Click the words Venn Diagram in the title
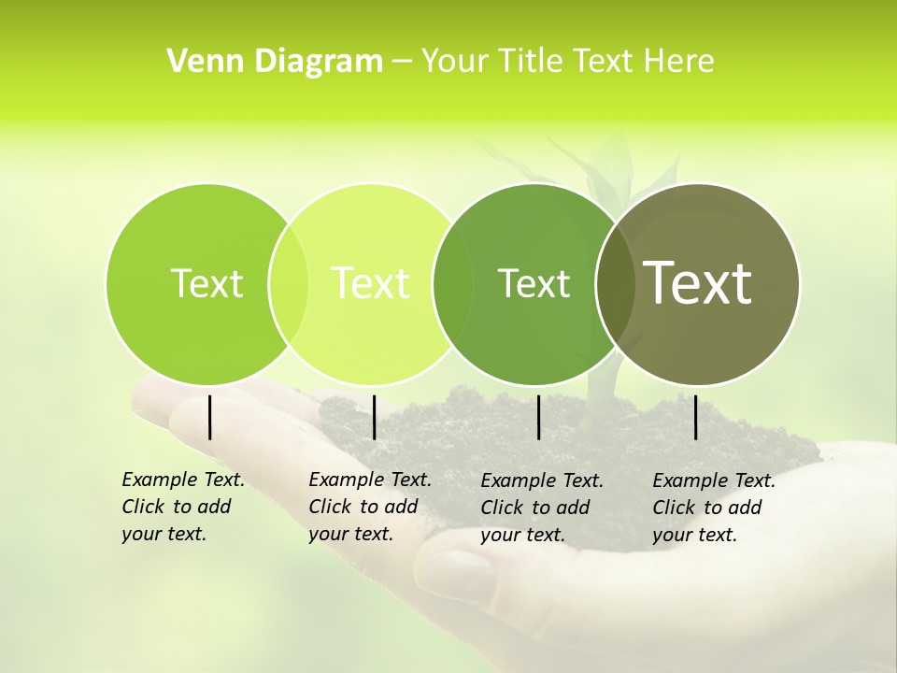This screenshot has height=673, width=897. point(275,62)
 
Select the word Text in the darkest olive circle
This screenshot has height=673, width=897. point(698,283)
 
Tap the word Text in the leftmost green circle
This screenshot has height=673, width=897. point(206,283)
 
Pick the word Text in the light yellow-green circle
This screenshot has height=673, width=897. point(370,283)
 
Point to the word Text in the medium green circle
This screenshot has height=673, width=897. point(534,283)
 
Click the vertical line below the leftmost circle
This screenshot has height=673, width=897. point(209,417)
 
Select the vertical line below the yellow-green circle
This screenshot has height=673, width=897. point(374,417)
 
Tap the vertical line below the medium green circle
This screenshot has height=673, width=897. point(539,417)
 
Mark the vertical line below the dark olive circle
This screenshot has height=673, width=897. point(696,417)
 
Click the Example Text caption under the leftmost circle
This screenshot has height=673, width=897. point(182,507)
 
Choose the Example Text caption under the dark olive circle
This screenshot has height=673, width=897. point(713,508)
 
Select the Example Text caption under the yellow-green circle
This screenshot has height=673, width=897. point(369,507)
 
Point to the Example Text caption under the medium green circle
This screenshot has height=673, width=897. point(541,508)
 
